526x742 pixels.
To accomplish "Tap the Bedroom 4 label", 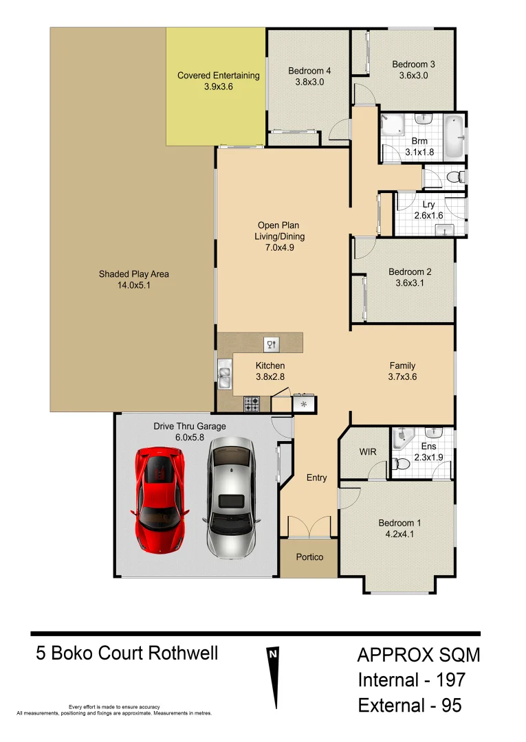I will click(x=309, y=71).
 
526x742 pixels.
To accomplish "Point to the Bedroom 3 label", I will click(x=413, y=65).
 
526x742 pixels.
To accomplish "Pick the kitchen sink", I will click(x=225, y=375).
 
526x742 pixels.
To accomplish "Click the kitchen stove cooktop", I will click(x=252, y=405).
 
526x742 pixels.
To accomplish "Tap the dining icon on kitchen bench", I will click(x=271, y=344).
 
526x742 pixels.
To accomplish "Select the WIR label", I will click(x=368, y=452).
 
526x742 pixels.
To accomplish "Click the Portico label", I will click(x=309, y=556).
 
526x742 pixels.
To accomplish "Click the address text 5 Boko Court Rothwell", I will click(x=127, y=653).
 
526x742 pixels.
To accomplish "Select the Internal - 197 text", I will click(x=411, y=680).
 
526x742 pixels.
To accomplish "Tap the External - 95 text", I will click(x=410, y=706).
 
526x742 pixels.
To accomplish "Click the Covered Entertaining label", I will click(x=218, y=76).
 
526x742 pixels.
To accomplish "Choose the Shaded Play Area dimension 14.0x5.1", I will click(x=133, y=285).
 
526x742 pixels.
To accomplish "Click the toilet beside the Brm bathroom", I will click(x=453, y=178).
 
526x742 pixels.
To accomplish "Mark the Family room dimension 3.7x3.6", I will click(x=402, y=376).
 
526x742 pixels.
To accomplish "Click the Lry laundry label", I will click(x=428, y=204).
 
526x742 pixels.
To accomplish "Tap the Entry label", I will click(x=316, y=477).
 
